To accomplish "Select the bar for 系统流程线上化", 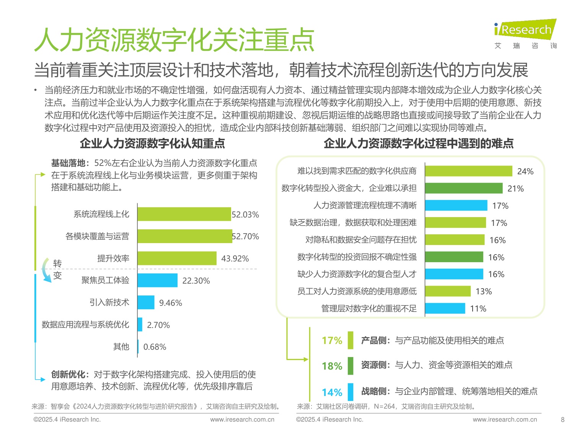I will pyautogui.click(x=184, y=214).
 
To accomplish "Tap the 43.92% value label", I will pyautogui.click(x=235, y=259).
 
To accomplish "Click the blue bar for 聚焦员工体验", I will pyautogui.click(x=157, y=281).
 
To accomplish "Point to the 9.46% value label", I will pyautogui.click(x=170, y=303).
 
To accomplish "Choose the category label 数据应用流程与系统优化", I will pyautogui.click(x=85, y=325).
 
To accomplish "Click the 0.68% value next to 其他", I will pyautogui.click(x=155, y=347).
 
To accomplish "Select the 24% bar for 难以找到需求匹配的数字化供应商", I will pyautogui.click(x=468, y=171).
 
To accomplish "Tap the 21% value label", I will pyautogui.click(x=515, y=188).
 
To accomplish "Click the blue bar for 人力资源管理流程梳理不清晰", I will pyautogui.click(x=456, y=206).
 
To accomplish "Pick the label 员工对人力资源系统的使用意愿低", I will pyautogui.click(x=357, y=292).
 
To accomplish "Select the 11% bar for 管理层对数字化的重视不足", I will pyautogui.click(x=445, y=308).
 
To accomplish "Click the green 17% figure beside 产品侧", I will pyautogui.click(x=332, y=341).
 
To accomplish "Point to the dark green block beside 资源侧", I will pyautogui.click(x=350, y=366).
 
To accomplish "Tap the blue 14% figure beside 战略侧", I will pyautogui.click(x=332, y=393).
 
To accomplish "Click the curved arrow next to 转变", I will pyautogui.click(x=46, y=271).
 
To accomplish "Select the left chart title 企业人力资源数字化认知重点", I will pyautogui.click(x=152, y=144).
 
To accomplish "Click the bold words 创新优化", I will pyautogui.click(x=68, y=375).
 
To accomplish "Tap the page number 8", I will pyautogui.click(x=563, y=420).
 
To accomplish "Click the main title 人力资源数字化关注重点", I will pyautogui.click(x=174, y=40).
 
